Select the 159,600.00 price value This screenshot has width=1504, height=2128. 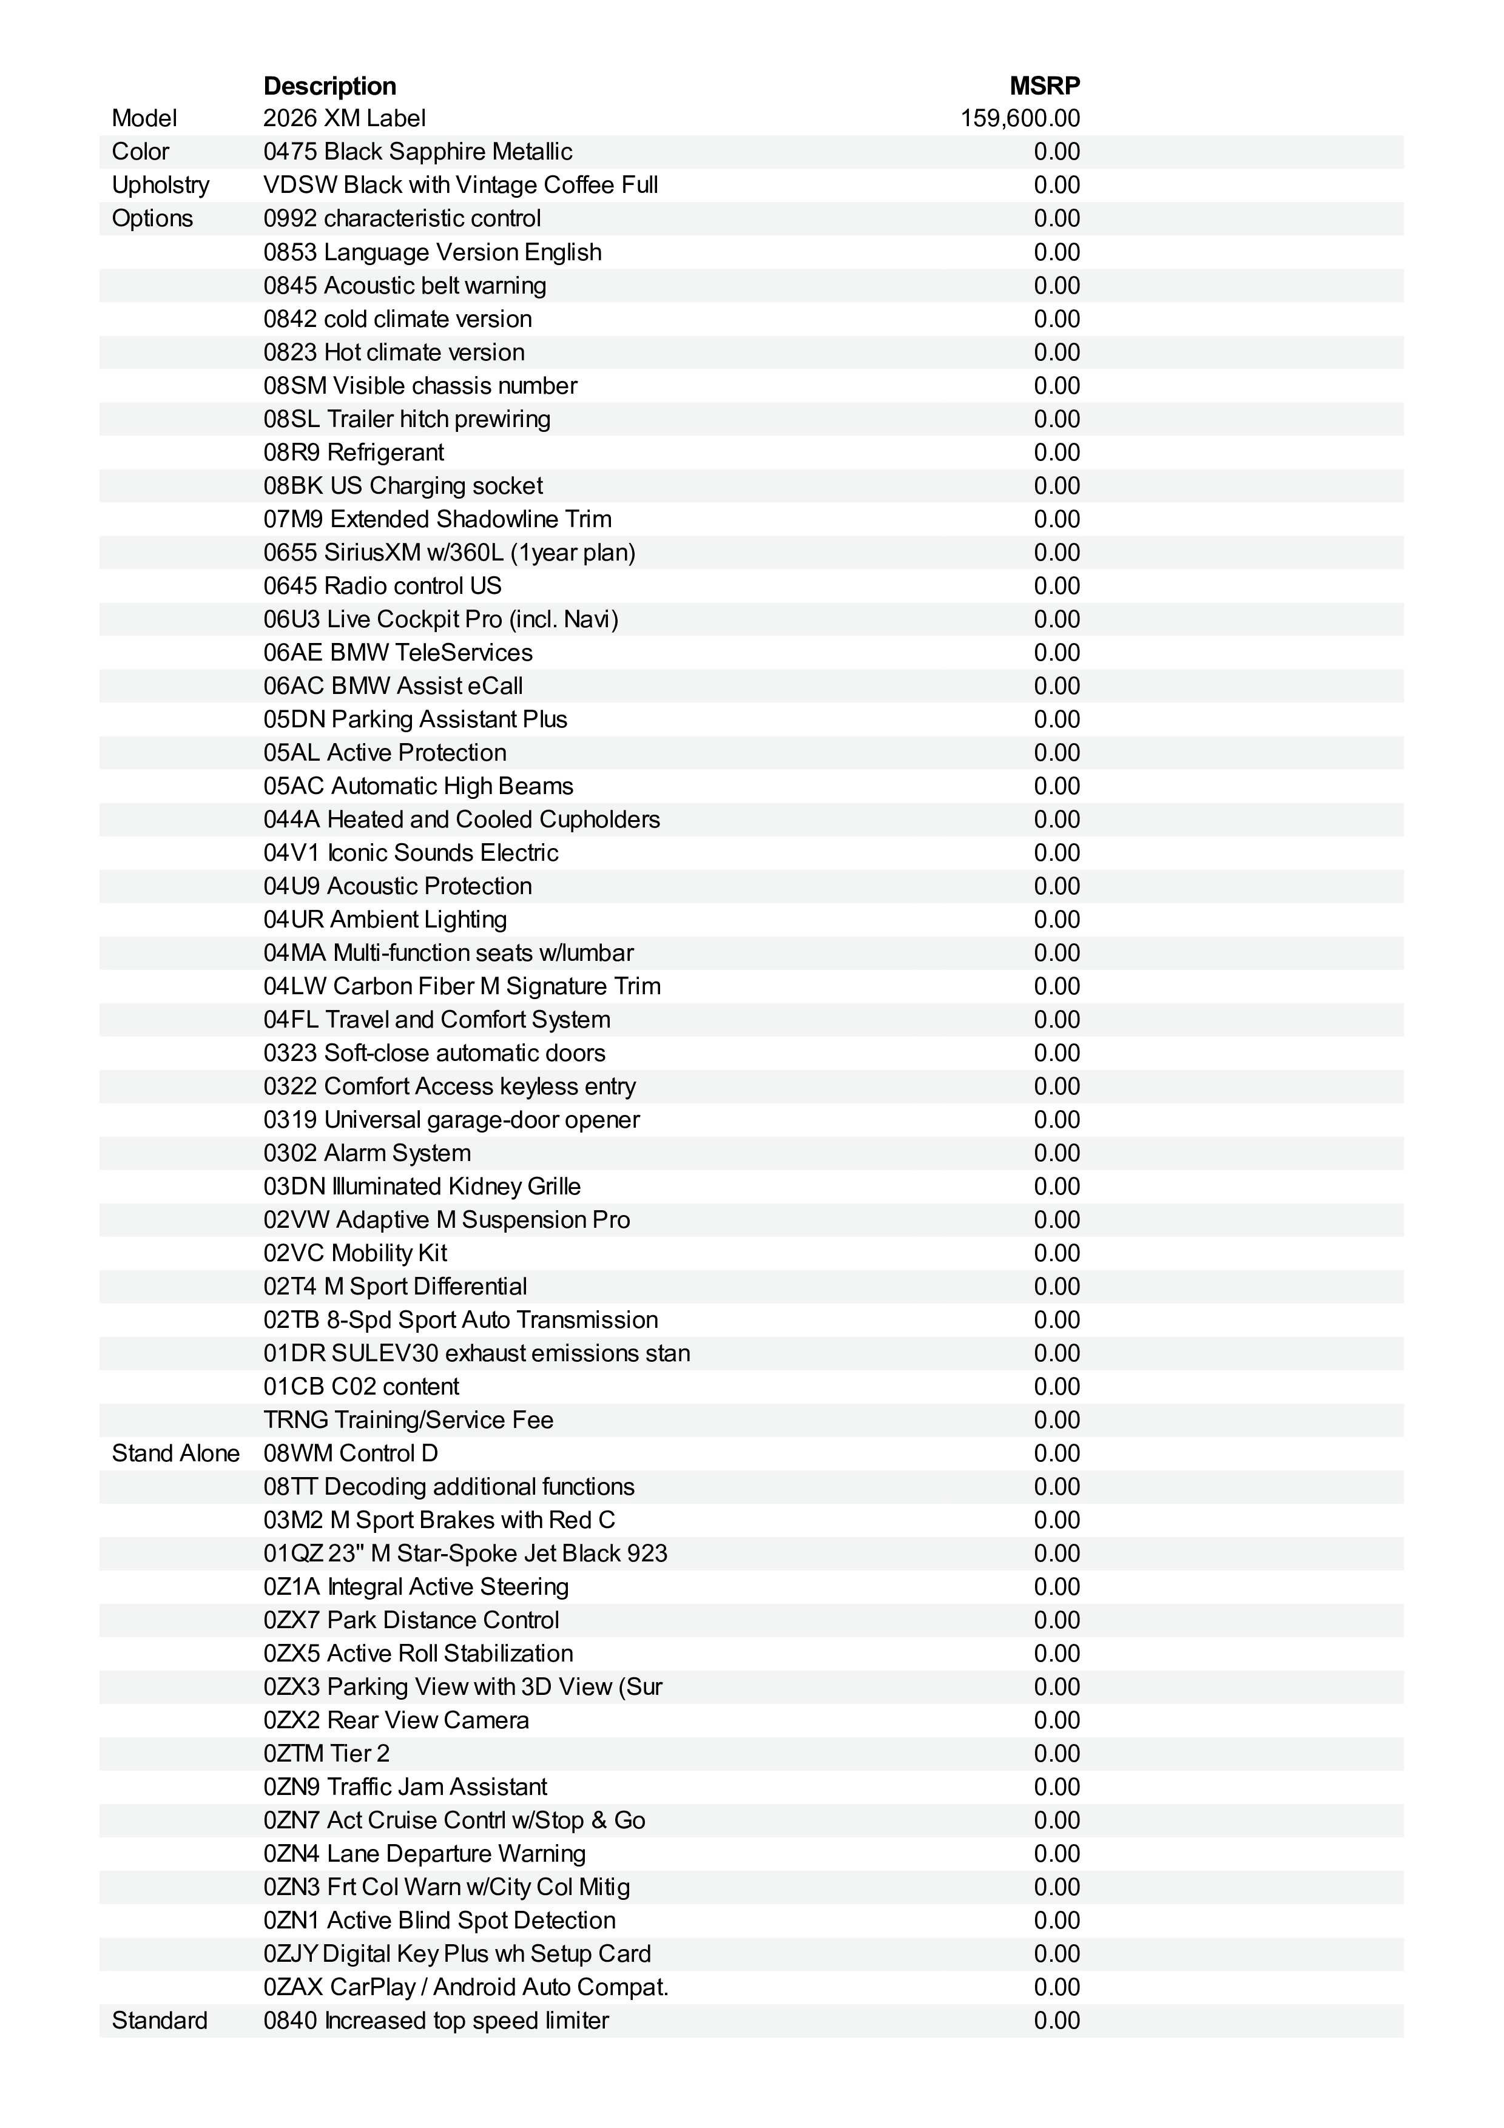(1019, 119)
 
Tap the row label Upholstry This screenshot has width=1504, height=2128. (160, 186)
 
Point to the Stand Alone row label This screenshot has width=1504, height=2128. (175, 1453)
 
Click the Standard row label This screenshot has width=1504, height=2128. (160, 2021)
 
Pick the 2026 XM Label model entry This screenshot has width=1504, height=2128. (344, 119)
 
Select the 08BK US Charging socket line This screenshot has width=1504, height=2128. (402, 486)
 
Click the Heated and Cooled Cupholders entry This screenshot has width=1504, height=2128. (493, 820)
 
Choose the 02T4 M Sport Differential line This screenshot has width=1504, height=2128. (395, 1287)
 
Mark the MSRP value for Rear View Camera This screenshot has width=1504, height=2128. (1056, 1720)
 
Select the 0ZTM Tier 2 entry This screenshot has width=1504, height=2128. (326, 1754)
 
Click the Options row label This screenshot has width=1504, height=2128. (152, 219)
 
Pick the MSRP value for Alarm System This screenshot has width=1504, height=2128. (1056, 1153)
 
